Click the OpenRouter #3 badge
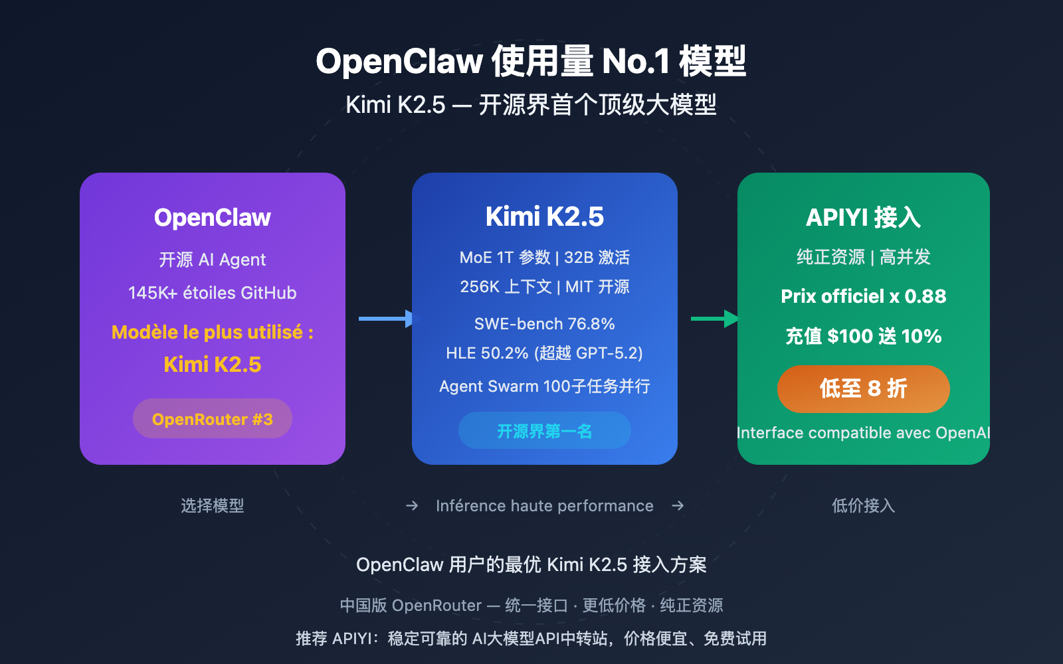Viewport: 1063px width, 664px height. pos(213,419)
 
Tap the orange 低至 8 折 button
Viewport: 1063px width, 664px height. pos(863,388)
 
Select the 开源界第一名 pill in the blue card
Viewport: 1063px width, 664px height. pos(544,431)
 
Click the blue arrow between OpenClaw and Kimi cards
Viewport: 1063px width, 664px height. pos(385,319)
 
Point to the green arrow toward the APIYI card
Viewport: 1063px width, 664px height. pos(714,319)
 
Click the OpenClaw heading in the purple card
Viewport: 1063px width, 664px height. pos(213,217)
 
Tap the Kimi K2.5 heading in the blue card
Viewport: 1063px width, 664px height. pos(545,216)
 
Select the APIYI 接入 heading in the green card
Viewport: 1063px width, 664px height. pos(863,217)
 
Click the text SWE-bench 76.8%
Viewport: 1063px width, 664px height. pos(545,323)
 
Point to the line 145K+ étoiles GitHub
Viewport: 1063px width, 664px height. pos(213,293)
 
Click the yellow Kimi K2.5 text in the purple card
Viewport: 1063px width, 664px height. pos(213,365)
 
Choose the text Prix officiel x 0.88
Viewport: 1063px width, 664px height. pos(863,296)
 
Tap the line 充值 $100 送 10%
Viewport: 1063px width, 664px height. pos(863,336)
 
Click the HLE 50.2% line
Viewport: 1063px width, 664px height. pos(545,353)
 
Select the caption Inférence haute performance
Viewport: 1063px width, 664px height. pos(545,506)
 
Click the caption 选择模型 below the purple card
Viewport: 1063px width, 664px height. pos(213,506)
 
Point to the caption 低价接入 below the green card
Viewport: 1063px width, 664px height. pos(863,506)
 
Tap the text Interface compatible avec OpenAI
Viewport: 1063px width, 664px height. pos(863,433)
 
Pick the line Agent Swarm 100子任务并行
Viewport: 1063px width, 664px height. pos(545,386)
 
